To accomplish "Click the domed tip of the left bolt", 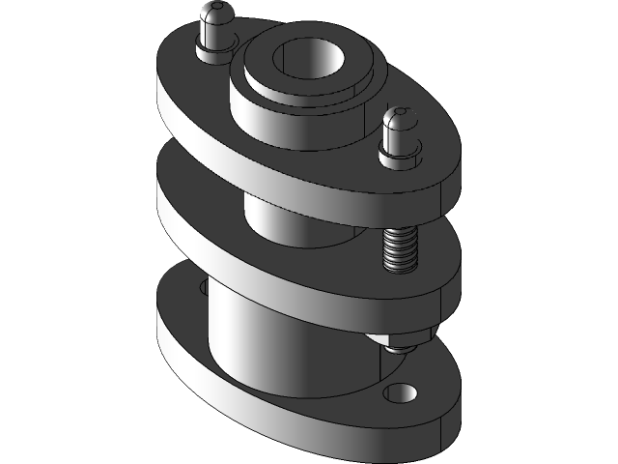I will (214, 14).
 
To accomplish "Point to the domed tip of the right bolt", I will (399, 120).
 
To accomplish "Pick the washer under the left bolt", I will (214, 48).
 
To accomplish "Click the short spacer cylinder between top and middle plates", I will (290, 222).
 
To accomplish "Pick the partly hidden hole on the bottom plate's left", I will (202, 287).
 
